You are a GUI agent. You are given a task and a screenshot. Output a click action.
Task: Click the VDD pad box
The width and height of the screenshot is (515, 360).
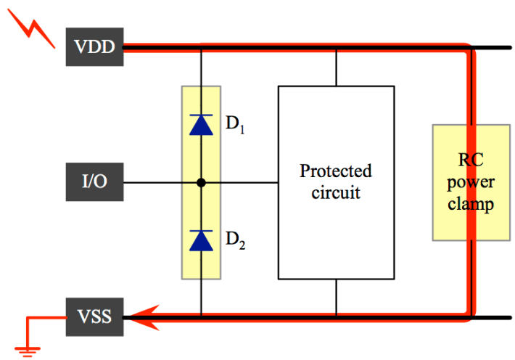point(95,47)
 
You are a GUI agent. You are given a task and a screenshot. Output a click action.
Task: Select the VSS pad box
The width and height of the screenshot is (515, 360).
point(94,317)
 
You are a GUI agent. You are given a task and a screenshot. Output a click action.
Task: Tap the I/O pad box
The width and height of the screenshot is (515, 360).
point(94,181)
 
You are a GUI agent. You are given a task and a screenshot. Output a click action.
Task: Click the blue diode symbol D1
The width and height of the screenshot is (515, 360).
point(201,125)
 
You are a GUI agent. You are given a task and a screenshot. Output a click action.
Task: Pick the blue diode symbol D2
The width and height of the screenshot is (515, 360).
point(201,240)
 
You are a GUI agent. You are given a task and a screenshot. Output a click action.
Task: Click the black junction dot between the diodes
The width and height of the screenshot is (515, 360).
point(201,182)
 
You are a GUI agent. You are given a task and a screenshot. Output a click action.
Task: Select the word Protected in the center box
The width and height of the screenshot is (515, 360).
point(336,172)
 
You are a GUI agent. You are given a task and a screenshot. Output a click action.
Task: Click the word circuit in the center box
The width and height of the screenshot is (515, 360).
point(336,193)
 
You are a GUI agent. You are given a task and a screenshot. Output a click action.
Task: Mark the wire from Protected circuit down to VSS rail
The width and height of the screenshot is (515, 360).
point(336,298)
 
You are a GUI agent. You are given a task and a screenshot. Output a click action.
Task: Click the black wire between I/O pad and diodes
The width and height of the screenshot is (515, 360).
point(160,182)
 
